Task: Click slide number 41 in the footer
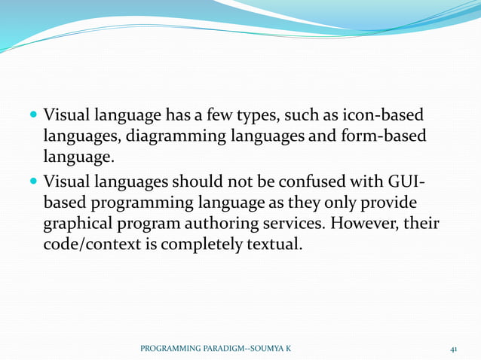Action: click(454, 349)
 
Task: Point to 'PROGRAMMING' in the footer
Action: click(170, 349)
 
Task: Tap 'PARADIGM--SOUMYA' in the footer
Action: click(242, 349)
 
